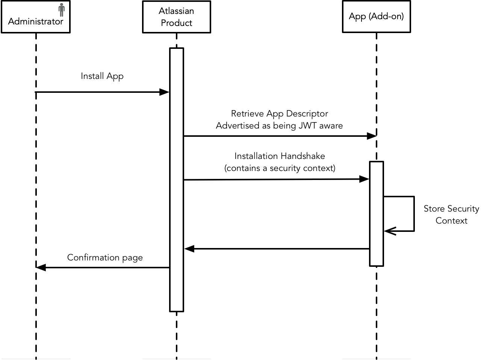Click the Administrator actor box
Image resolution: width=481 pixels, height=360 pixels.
coord(36,17)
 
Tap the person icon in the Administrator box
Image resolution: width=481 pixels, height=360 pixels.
coord(62,9)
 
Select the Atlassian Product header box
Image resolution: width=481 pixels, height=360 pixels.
coord(176,17)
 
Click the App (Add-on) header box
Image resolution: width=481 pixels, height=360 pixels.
coord(376,17)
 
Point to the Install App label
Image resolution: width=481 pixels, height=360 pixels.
coord(102,76)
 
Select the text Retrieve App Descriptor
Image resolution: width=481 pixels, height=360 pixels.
coord(279,113)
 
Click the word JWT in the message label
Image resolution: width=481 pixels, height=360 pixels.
coord(307,126)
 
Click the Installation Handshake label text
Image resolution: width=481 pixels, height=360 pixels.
coord(280,156)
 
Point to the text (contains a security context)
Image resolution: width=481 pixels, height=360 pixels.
coord(280,168)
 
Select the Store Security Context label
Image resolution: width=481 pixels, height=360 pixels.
coord(451,215)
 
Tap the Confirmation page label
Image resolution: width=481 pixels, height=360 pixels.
coord(105,258)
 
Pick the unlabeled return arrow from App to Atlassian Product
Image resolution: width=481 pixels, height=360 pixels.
coord(277,249)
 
